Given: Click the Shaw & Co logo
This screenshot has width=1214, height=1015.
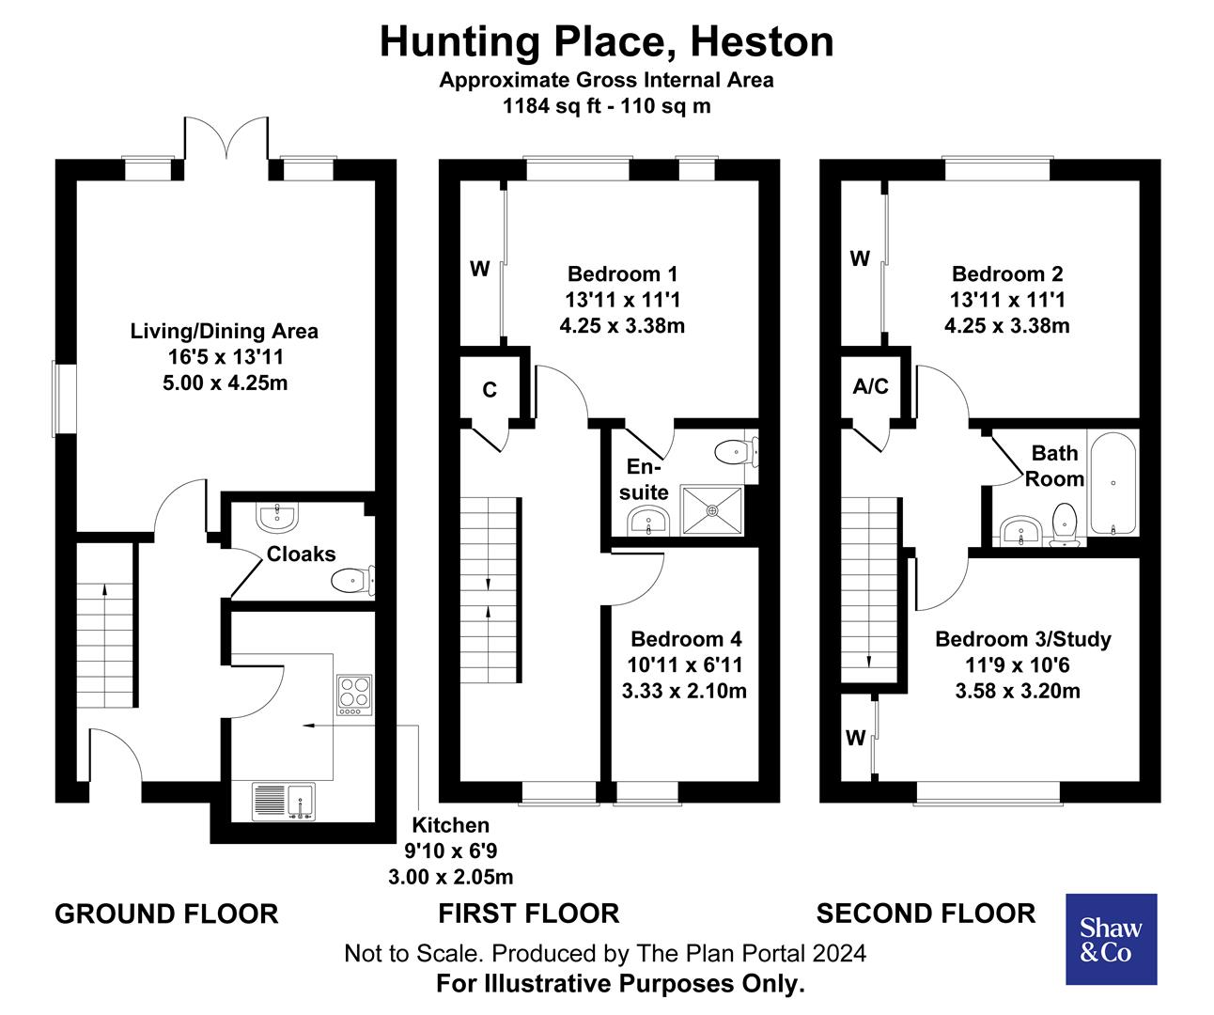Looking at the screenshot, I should (1111, 939).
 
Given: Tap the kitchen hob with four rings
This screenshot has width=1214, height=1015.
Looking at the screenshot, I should (354, 695).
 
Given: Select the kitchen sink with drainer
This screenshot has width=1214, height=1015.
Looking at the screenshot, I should (284, 801).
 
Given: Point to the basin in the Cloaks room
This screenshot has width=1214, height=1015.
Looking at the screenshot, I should (276, 515).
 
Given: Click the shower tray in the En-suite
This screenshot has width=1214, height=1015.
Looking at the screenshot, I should (712, 511).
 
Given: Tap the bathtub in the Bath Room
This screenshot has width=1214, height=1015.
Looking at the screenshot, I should (1113, 483).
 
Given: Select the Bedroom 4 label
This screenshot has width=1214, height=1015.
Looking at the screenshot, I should (686, 639).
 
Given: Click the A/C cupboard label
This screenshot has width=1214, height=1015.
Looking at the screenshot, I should (870, 387).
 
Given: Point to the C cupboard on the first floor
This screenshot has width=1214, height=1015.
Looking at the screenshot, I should (490, 389).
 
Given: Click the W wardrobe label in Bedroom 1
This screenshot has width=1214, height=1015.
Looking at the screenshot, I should (479, 270).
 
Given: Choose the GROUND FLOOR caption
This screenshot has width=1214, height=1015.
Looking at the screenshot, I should (166, 913).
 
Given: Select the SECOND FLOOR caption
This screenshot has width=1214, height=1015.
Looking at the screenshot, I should (926, 913).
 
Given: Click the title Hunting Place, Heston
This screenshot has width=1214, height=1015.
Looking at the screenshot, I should (606, 41).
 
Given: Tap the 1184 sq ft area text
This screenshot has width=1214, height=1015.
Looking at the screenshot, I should (606, 105).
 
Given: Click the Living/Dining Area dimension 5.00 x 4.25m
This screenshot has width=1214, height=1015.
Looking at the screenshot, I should (224, 383).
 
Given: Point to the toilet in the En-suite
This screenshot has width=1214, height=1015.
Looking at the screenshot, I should (732, 453).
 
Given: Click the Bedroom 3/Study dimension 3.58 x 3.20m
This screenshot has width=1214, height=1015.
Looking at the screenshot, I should (1018, 692).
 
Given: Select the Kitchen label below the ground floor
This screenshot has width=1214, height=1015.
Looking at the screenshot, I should (451, 825).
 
